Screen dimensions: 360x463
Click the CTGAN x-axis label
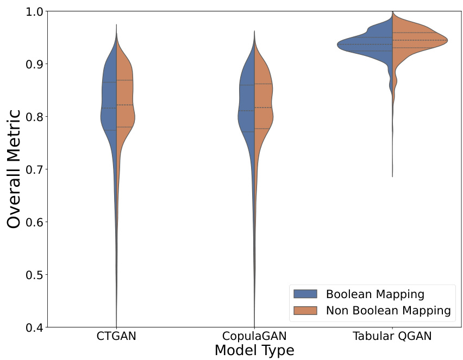point(116,337)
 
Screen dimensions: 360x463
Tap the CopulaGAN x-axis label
point(255,337)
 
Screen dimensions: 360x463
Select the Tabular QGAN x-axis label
point(392,337)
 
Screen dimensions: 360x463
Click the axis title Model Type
point(254,351)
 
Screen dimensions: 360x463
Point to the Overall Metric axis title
point(15,169)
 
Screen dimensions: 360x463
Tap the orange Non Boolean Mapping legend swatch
point(305,311)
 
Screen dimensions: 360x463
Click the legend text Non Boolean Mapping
point(388,311)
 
